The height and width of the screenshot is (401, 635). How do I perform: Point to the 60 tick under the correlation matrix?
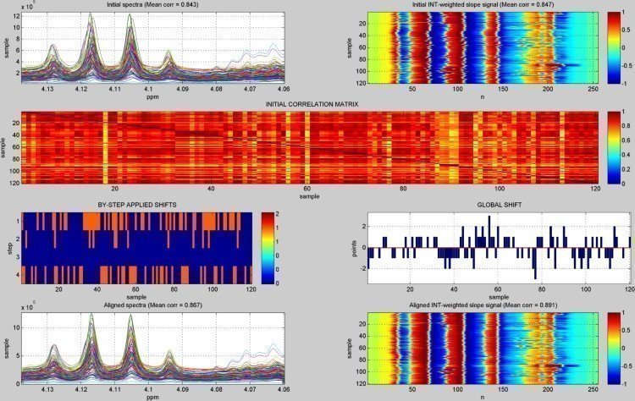coord(307,189)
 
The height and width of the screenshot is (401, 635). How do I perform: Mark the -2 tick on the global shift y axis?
coord(363,268)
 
